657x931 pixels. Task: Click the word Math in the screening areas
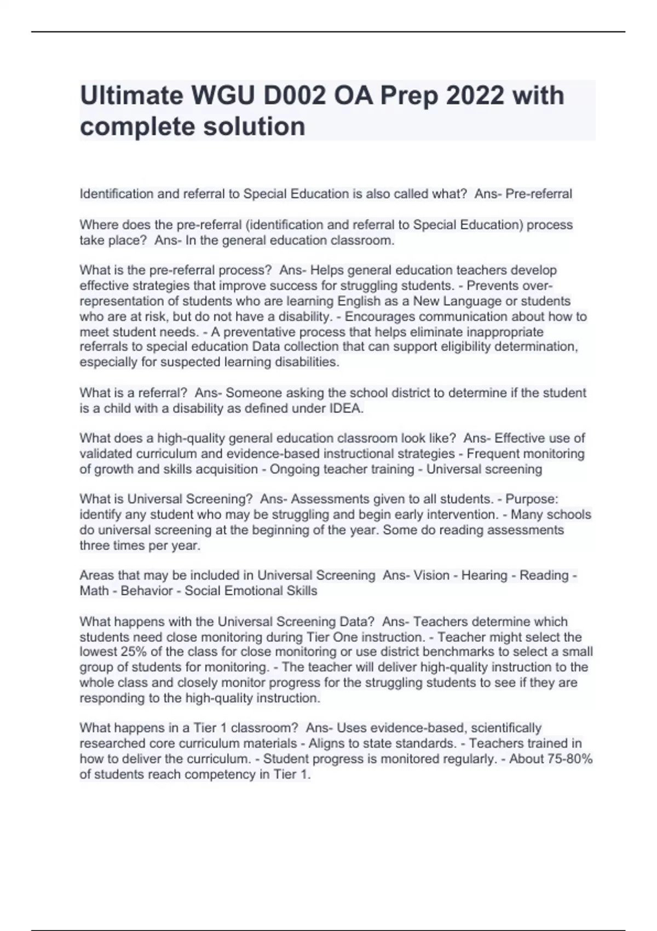94,591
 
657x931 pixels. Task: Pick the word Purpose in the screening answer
531,499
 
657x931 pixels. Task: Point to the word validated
105,454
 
